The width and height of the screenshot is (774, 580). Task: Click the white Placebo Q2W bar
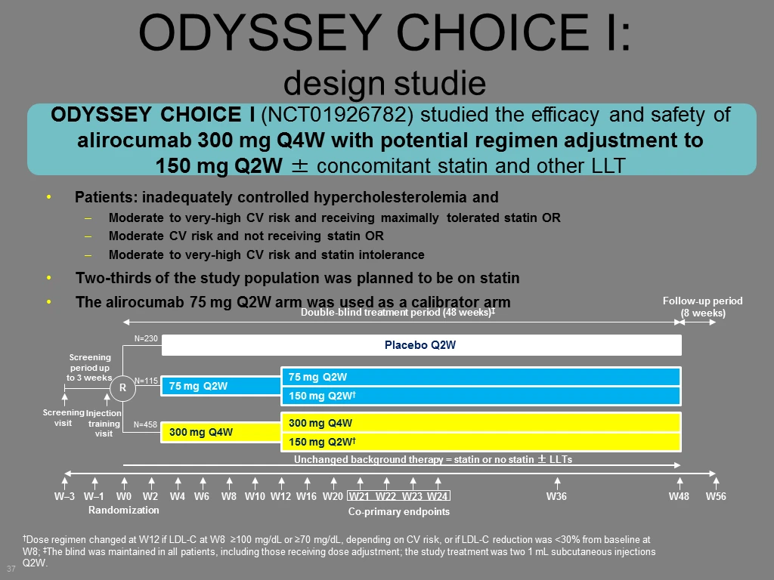point(422,345)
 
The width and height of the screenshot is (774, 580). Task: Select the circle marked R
point(122,387)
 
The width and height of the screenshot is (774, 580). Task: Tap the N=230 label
point(146,339)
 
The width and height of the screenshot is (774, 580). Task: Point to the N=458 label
point(145,424)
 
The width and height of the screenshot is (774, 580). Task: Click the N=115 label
point(146,381)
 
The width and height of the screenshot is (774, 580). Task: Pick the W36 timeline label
point(556,497)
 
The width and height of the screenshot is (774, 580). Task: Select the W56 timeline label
point(716,497)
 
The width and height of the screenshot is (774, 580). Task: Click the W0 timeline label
point(124,497)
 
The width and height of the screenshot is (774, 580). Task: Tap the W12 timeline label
point(281,497)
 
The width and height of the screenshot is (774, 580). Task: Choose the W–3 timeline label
point(65,497)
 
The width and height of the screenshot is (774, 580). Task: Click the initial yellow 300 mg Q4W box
point(221,433)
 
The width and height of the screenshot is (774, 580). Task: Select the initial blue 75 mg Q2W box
point(221,386)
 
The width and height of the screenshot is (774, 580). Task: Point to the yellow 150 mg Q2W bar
point(481,442)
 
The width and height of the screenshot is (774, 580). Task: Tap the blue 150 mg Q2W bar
point(481,396)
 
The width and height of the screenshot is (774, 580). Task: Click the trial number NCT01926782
point(336,115)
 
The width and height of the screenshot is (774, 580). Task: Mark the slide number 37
point(11,569)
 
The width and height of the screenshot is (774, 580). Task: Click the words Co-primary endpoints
point(399,511)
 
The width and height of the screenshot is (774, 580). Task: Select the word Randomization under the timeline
point(123,510)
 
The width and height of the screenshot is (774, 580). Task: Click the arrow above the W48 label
point(680,483)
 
